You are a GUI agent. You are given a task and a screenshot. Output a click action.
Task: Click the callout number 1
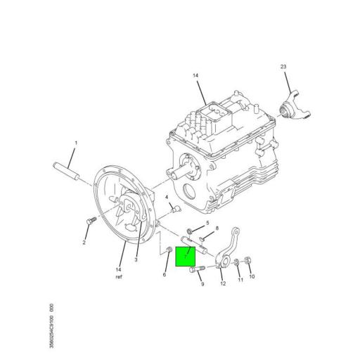[76, 143]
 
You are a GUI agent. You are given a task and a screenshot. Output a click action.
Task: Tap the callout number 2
[84, 243]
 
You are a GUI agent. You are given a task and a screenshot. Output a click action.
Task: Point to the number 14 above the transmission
[196, 75]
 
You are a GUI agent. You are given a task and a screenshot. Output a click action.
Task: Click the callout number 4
[167, 198]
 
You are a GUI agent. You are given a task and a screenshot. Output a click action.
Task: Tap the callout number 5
[207, 223]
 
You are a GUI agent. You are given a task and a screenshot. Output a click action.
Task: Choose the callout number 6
[165, 274]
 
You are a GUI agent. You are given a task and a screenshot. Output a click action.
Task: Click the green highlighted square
[187, 256]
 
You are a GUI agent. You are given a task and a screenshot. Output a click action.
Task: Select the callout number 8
[217, 229]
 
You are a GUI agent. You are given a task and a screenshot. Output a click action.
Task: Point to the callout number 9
[201, 284]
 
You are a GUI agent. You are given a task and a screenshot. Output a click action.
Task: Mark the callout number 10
[252, 277]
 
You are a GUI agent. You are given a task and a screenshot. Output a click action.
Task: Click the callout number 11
[239, 280]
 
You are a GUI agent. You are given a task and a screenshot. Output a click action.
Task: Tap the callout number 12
[222, 284]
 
